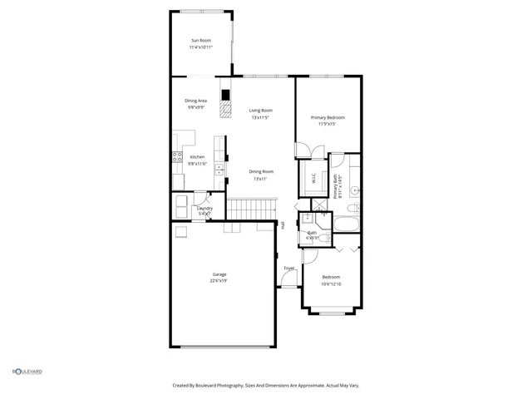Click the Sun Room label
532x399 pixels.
(201, 40)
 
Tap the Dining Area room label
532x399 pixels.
(196, 101)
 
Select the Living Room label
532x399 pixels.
(260, 110)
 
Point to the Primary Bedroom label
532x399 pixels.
(328, 118)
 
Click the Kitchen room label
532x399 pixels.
(197, 157)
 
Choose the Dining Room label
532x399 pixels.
(260, 172)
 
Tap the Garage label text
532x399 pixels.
(219, 274)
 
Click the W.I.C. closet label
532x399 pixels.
(313, 177)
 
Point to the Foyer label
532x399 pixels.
(289, 268)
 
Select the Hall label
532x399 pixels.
(283, 224)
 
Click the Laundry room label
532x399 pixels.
(204, 209)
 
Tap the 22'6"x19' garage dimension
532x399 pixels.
(219, 281)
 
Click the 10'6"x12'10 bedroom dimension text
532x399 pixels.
(331, 284)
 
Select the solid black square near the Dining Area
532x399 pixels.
(224, 93)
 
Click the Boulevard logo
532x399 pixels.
(27, 372)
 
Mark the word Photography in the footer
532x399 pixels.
(229, 385)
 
